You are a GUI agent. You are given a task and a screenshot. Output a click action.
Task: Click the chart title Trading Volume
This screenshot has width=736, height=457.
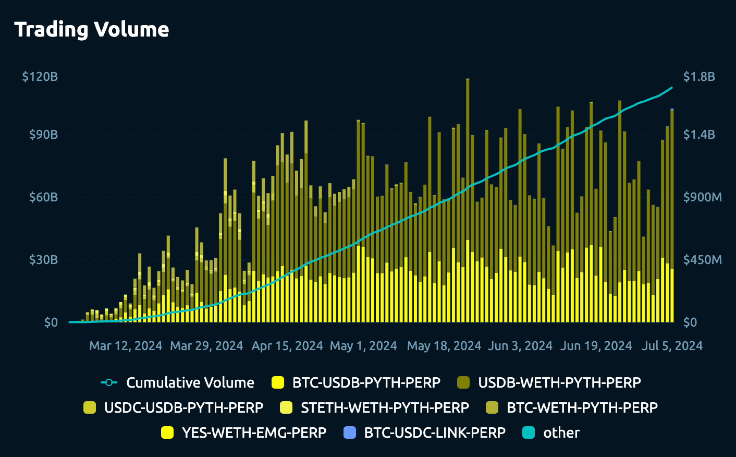coord(92,30)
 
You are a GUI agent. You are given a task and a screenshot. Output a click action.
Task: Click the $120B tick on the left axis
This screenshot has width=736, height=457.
coord(40,77)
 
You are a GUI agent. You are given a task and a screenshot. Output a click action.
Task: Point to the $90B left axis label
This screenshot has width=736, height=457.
coord(43,135)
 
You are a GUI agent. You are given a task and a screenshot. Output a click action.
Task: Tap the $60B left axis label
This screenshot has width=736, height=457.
coord(43,197)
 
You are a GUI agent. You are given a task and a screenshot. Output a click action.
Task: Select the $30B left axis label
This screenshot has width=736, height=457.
coord(43,260)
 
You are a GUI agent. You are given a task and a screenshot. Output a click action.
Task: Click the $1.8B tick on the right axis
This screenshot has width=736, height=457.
coord(699,77)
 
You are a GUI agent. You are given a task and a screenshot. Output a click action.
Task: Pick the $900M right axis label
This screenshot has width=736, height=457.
coord(702,197)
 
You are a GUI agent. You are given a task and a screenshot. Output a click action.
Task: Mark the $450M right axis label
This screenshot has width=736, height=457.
coord(702,260)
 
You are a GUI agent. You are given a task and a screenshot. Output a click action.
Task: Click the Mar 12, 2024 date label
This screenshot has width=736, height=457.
coord(126,346)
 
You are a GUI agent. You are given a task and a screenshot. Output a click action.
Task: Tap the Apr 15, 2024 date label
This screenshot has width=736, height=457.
coord(287,346)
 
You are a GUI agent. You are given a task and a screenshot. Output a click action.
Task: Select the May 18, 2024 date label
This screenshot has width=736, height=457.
coord(444,346)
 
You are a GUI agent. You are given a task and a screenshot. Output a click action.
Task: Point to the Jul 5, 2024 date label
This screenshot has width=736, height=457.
coord(672,346)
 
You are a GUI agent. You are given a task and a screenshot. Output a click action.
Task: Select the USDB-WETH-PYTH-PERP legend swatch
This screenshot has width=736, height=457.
coord(463,382)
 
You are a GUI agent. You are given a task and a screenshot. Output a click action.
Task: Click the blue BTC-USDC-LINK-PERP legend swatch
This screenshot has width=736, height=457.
coord(350,432)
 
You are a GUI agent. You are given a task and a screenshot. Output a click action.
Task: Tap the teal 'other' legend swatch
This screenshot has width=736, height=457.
coord(529,432)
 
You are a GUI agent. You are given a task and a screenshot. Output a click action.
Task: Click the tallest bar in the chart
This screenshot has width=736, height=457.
coord(468,198)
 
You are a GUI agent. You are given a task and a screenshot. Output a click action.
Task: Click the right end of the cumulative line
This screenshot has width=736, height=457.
coord(672,88)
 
